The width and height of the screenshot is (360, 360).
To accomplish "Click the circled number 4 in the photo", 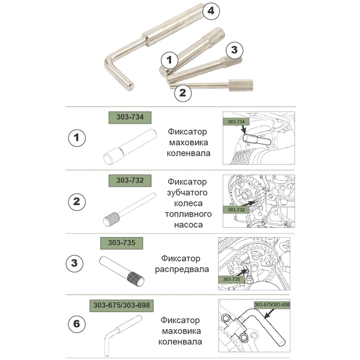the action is coord(211,11).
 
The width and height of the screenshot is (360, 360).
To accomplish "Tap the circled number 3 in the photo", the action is coord(235,50).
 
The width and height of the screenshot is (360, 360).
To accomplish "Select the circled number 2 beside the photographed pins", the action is coord(183,93).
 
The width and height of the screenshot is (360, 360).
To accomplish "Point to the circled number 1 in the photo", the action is coord(169,60).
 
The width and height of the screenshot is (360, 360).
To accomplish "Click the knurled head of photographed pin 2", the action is coord(241,85).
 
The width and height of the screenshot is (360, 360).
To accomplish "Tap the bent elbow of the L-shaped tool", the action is coord(110,62).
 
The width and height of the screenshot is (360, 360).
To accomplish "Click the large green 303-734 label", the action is coord(130,118).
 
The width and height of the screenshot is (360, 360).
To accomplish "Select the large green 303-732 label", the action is coord(130,181).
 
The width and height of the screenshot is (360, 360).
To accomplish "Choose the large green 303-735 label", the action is coord(121,243).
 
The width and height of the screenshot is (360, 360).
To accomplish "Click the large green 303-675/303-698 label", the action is coord(121,305).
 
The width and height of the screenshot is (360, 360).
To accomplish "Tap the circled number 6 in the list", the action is coord(77,324).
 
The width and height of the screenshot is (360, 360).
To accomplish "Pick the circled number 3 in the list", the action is coord(74,263).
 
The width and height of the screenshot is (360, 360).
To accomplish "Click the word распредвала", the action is coord(182,269).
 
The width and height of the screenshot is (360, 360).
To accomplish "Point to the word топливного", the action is coord(188,214).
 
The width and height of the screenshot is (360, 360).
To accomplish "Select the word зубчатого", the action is coord(187,193).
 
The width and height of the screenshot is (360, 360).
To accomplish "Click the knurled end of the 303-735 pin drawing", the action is coord(136,279).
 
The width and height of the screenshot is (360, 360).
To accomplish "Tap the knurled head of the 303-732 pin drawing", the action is coord(112,220).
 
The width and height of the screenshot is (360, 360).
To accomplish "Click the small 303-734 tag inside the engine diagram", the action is coord(236,122).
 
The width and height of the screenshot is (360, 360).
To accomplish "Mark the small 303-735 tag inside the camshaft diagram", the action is coord(231,279).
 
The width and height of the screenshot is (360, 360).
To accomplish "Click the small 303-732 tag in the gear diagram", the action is coord(236,209).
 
